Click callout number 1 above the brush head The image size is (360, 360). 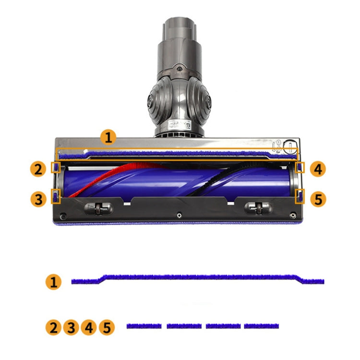(x=108, y=137)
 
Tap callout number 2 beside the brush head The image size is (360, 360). (x=38, y=169)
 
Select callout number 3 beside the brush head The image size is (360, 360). (x=38, y=199)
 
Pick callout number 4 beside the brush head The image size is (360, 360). (x=318, y=169)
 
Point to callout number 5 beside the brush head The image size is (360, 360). (x=318, y=199)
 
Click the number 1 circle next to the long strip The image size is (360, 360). (x=53, y=281)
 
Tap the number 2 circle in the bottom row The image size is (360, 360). (x=53, y=327)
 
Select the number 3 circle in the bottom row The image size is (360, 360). (x=71, y=327)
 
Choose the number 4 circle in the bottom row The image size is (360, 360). (x=89, y=327)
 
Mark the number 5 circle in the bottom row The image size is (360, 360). (x=107, y=327)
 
